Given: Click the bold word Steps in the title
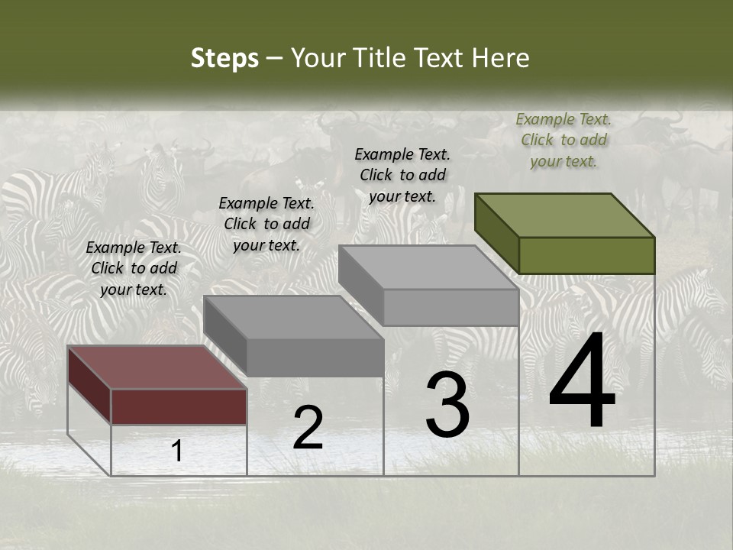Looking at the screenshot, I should [224, 59].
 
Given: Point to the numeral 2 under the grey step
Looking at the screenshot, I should [308, 427].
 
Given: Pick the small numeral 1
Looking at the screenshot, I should [177, 451].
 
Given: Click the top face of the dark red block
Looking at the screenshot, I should [157, 367].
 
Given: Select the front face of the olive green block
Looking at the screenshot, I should [586, 255].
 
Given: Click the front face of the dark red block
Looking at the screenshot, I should [179, 406].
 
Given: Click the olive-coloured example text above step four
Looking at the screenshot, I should [563, 140].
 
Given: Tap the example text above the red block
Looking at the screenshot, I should [134, 268].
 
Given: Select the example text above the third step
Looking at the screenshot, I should [402, 175].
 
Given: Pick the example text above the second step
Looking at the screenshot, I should [266, 224].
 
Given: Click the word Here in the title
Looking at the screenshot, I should [500, 59].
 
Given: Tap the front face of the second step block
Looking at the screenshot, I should [315, 357].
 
